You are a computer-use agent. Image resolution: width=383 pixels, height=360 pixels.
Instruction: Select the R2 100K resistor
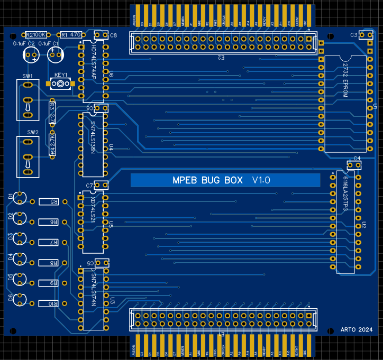tap(36, 34)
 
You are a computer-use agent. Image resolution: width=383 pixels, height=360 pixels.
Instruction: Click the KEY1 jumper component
tap(61, 84)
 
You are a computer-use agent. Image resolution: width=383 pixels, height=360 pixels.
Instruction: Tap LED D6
tap(21, 300)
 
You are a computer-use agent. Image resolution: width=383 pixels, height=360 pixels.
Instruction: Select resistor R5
tap(53, 202)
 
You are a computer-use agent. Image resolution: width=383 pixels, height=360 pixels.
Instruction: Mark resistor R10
tap(53, 303)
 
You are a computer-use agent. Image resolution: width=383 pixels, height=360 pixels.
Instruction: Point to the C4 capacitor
tap(354, 165)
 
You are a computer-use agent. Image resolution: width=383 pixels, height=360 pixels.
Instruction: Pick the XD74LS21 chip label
tap(94, 210)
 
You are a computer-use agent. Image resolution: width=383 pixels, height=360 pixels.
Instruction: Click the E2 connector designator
tap(221, 57)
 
